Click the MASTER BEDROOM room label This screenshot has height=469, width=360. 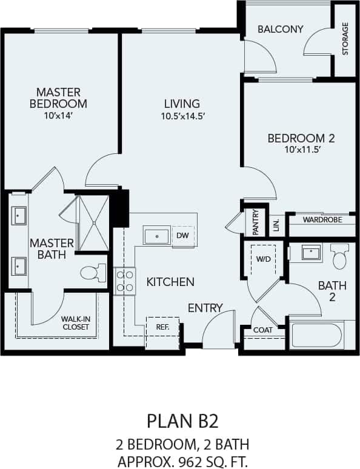tap(58, 98)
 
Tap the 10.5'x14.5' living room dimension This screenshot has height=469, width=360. tap(180, 116)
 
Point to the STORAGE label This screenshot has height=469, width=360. tap(345, 39)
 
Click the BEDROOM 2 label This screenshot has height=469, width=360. tap(301, 138)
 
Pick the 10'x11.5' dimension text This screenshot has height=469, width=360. tap(301, 150)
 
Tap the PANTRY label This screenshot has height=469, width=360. tap(256, 222)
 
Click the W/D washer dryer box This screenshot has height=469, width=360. tap(264, 259)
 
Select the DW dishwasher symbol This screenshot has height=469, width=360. tap(182, 234)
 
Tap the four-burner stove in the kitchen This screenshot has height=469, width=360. tap(125, 281)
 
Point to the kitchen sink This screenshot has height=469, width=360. tap(156, 234)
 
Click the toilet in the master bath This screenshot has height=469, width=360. tap(92, 273)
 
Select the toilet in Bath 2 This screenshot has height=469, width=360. tap(339, 256)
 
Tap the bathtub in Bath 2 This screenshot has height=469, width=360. tap(316, 335)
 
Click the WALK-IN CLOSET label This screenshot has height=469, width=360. tap(76, 322)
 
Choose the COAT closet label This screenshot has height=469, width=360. tap(263, 330)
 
